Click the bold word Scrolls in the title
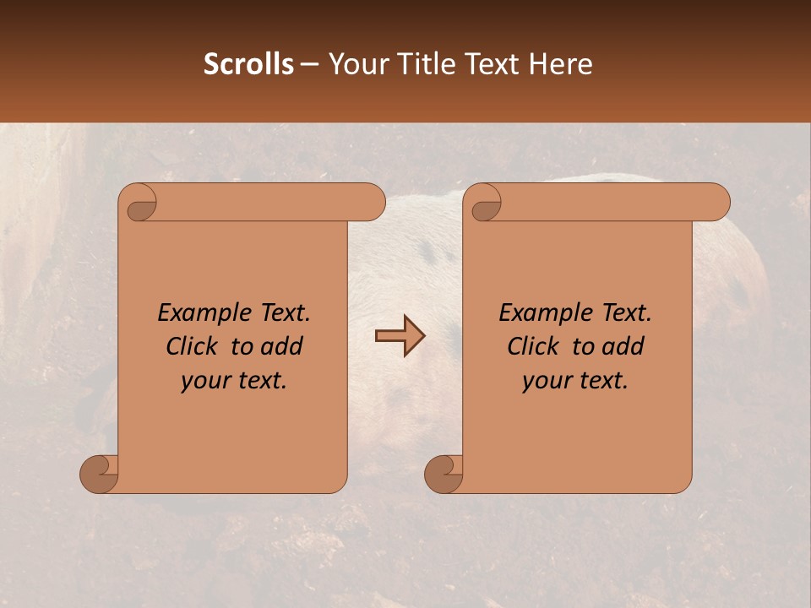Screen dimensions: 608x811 tap(248, 64)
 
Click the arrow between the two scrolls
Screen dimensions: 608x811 tap(400, 336)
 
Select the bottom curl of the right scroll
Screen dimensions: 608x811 tap(444, 473)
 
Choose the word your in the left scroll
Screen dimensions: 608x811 tap(202, 382)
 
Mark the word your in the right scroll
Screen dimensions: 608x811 tap(543, 382)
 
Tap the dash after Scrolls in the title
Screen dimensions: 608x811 tap(309, 64)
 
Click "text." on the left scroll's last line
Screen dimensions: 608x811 tap(260, 381)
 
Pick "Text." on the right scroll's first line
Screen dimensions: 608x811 tap(623, 313)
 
